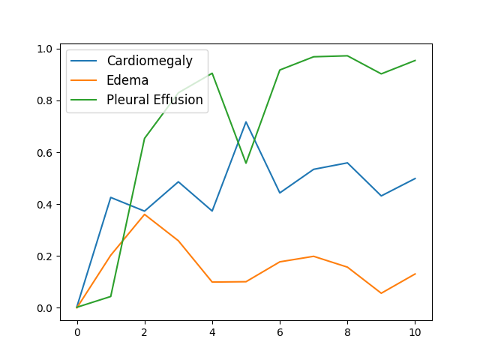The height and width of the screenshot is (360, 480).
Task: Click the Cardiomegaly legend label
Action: pyautogui.click(x=150, y=61)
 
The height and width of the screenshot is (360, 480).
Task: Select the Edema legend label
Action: pyautogui.click(x=127, y=80)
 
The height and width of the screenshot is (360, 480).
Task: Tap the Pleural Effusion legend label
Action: pyautogui.click(x=154, y=100)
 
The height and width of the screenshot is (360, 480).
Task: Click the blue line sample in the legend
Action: pyautogui.click(x=83, y=61)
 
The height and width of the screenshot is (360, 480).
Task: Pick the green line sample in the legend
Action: pyautogui.click(x=83, y=100)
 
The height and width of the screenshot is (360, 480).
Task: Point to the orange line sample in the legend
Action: pyautogui.click(x=83, y=80)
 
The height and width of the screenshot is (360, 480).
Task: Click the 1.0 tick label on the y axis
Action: pyautogui.click(x=44, y=49)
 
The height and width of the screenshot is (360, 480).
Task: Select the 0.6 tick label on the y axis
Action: pyautogui.click(x=44, y=153)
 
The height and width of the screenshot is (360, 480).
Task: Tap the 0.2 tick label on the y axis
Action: pyautogui.click(x=44, y=256)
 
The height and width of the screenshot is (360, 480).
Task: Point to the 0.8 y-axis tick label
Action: pyautogui.click(x=44, y=100)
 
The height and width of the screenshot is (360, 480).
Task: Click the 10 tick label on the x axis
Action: pyautogui.click(x=415, y=332)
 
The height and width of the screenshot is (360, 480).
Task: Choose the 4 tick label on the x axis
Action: pyautogui.click(x=212, y=332)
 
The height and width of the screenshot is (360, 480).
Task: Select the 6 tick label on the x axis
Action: pyautogui.click(x=280, y=332)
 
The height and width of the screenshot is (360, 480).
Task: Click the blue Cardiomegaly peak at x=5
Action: pyautogui.click(x=246, y=121)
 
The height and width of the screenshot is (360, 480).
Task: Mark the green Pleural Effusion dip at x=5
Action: pyautogui.click(x=246, y=163)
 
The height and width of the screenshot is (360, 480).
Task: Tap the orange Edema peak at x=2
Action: pyautogui.click(x=145, y=214)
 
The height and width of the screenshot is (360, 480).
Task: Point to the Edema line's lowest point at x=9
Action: pyautogui.click(x=381, y=293)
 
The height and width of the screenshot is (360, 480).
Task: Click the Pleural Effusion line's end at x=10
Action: pyautogui.click(x=415, y=60)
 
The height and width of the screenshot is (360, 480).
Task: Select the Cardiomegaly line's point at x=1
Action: pyautogui.click(x=111, y=197)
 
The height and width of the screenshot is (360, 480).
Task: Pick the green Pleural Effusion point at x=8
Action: pyautogui.click(x=347, y=55)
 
